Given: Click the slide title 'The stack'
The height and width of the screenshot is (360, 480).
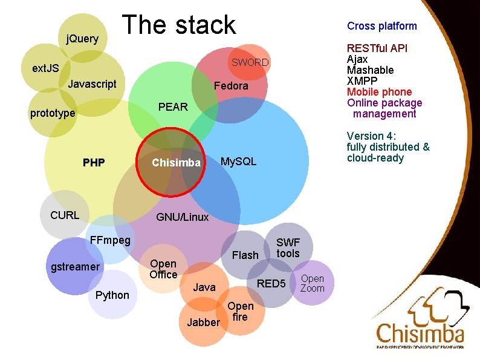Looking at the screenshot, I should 179,25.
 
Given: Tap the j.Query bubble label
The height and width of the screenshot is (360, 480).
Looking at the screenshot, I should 82,39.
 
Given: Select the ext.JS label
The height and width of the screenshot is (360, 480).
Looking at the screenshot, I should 45,68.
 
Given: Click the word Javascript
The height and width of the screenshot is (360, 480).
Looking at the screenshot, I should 92,83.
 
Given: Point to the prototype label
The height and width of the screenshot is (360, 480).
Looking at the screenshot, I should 53,113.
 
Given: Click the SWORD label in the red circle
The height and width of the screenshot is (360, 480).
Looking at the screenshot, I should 250,62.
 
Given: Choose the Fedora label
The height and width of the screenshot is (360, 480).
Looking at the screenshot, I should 231,86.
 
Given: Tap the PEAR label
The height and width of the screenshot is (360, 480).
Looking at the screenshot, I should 173,106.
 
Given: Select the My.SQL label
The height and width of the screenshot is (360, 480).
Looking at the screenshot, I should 238,161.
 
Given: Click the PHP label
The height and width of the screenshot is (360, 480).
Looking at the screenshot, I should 94,162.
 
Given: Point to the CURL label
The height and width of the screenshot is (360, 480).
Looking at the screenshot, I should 65,214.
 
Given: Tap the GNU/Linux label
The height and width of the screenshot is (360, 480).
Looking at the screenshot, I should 182,217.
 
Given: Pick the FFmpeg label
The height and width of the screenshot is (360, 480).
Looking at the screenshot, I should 109,240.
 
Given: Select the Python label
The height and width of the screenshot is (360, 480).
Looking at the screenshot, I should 112,295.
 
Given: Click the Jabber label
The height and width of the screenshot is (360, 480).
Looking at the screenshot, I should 203,322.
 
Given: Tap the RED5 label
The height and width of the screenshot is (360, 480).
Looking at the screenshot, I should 271,283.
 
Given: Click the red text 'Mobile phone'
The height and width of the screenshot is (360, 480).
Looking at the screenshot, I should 379,92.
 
